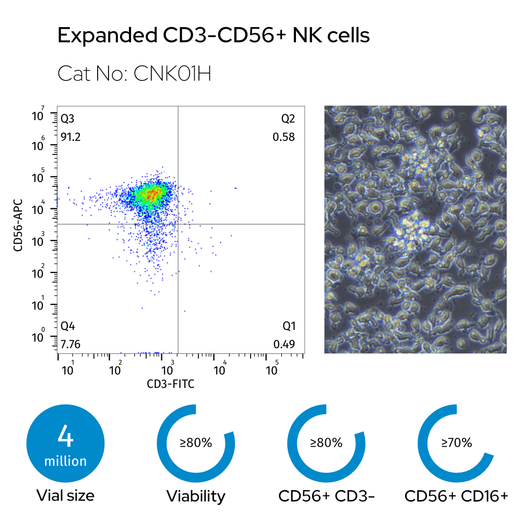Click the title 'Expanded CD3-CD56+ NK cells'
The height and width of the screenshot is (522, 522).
click(x=213, y=36)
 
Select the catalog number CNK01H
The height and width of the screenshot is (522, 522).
click(x=134, y=74)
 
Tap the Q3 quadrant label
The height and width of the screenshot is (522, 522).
click(x=68, y=118)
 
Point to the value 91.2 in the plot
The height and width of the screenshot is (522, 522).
click(x=70, y=137)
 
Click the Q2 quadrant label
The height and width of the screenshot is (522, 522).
click(x=288, y=118)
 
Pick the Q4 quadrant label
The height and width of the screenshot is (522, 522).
click(x=68, y=326)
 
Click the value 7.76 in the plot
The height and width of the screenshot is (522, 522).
click(x=70, y=344)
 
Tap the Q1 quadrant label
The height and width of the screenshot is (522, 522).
click(x=289, y=326)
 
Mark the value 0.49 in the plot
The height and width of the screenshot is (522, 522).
click(x=284, y=344)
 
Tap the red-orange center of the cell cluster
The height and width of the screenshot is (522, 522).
click(x=151, y=194)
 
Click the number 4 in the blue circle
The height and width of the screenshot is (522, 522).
click(x=65, y=437)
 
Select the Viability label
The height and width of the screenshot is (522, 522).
click(x=196, y=496)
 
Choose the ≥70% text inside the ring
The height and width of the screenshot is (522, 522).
click(x=457, y=443)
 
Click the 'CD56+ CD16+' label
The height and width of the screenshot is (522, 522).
click(x=456, y=496)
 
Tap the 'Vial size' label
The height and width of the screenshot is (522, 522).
click(x=65, y=495)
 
